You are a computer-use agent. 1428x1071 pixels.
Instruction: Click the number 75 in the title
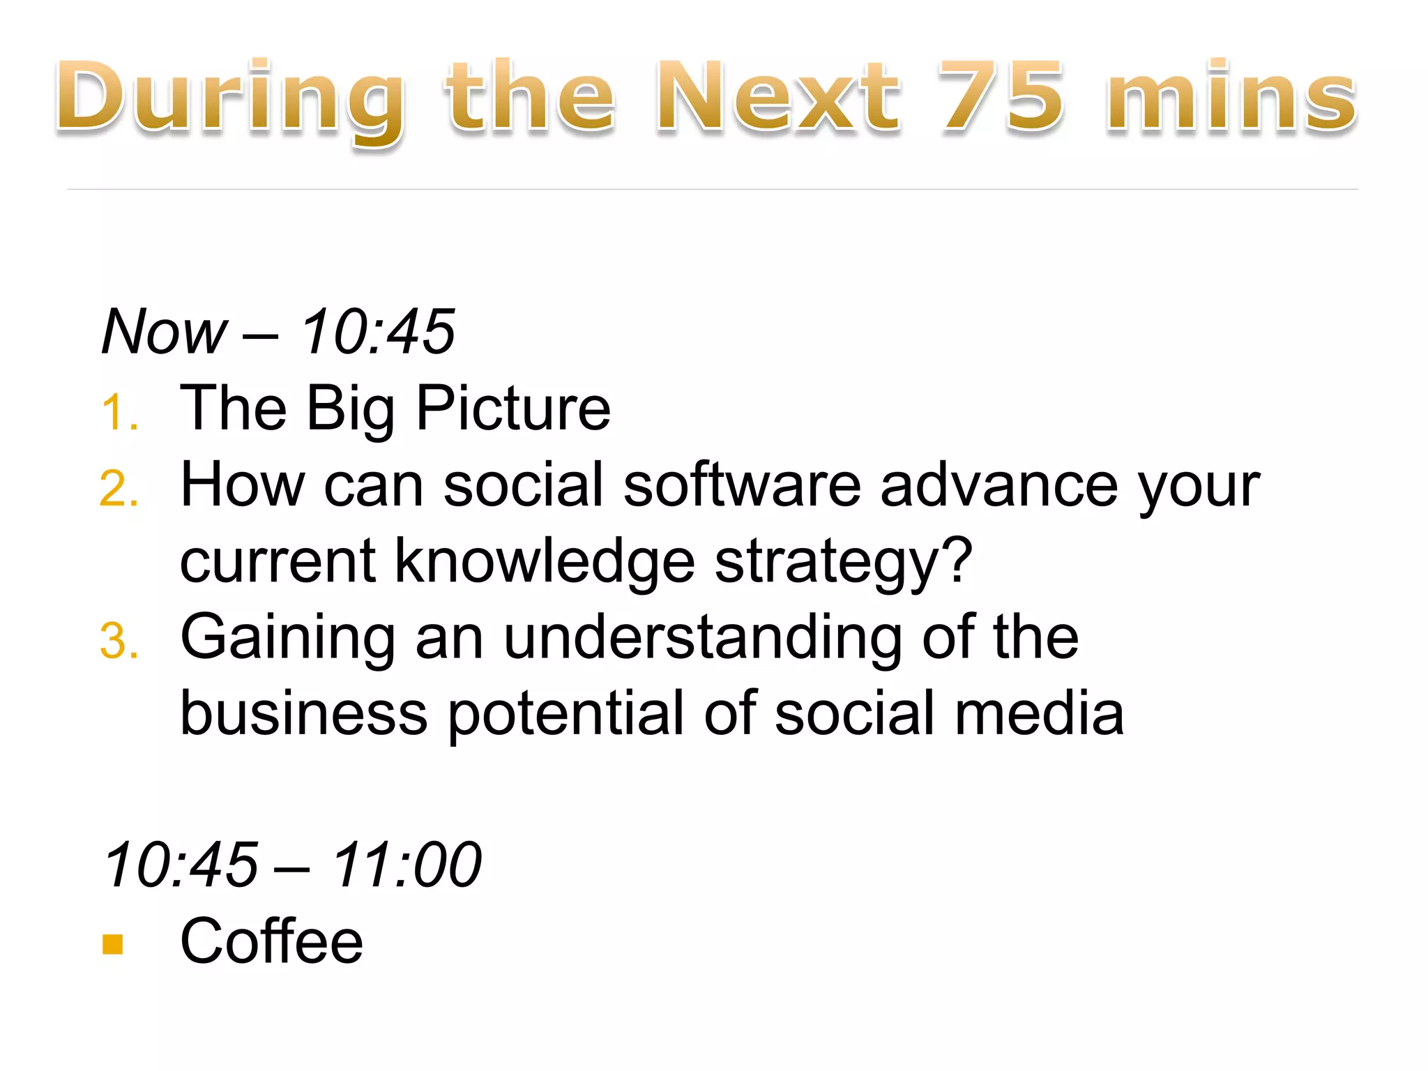click(1002, 96)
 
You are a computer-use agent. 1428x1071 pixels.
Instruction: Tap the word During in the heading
click(230, 98)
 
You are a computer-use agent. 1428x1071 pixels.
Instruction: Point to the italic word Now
click(165, 332)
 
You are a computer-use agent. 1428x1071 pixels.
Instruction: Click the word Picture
click(513, 409)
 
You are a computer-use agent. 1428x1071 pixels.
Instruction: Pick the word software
click(742, 485)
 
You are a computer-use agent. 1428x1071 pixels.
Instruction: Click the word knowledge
click(545, 562)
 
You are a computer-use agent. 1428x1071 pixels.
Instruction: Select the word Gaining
click(287, 639)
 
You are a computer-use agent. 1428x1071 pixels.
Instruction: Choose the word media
click(1039, 714)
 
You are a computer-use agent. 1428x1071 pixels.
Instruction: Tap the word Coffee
click(272, 942)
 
